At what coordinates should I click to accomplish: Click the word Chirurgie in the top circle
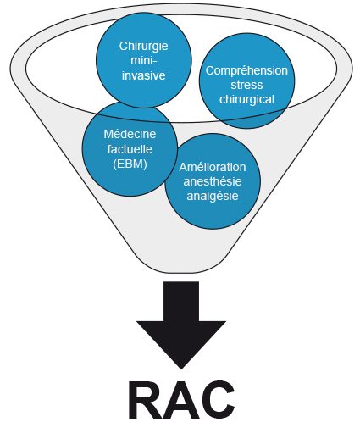(x=143, y=47)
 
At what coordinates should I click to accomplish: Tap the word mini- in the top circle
(x=143, y=61)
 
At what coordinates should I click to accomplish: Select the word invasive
(x=143, y=75)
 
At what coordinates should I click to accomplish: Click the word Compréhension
(x=246, y=71)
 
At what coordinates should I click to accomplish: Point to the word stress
(x=246, y=85)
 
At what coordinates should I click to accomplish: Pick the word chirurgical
(x=246, y=99)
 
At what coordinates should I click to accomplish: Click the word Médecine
(x=130, y=134)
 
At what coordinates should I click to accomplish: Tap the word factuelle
(x=130, y=149)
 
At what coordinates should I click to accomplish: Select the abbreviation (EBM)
(x=130, y=164)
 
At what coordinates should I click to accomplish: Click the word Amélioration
(x=213, y=167)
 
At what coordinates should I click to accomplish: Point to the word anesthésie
(x=213, y=181)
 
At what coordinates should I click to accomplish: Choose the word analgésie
(x=213, y=197)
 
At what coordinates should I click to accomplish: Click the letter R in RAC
(x=146, y=401)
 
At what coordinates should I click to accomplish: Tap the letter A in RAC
(x=181, y=401)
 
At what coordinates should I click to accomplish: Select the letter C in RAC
(x=218, y=401)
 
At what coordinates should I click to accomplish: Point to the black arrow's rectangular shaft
(x=181, y=301)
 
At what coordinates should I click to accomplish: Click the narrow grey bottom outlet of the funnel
(x=180, y=261)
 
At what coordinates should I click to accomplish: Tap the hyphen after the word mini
(x=155, y=62)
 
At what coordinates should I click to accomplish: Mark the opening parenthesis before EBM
(x=114, y=164)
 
